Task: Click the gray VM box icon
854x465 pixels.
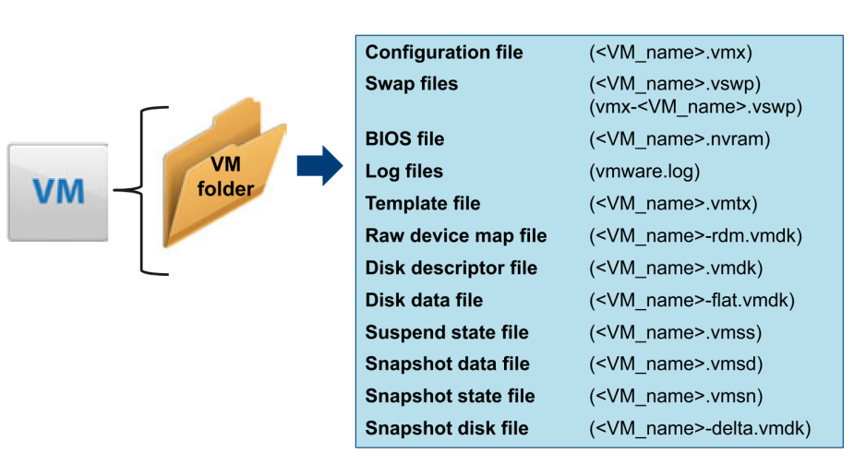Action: pos(58,192)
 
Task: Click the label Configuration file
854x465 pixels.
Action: pos(444,52)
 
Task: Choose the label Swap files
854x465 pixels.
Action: pos(411,84)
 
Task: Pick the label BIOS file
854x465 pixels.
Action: pos(404,139)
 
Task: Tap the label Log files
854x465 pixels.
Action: pos(404,172)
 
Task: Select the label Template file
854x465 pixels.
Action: pos(423,203)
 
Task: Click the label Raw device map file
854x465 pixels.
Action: pos(456,235)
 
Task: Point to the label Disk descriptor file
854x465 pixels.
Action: pos(451,268)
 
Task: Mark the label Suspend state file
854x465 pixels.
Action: pos(447,332)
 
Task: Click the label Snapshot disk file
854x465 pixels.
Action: pos(447,428)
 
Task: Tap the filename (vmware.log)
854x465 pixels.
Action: pos(644,172)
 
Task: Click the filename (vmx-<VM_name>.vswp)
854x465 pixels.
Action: pos(695,107)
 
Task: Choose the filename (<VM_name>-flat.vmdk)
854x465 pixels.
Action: pos(692,300)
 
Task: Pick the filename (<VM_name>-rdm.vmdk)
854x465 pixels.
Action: pos(694,235)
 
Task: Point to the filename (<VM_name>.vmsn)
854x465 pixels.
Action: pos(676,396)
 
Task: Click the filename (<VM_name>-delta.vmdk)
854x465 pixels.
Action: pos(699,428)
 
